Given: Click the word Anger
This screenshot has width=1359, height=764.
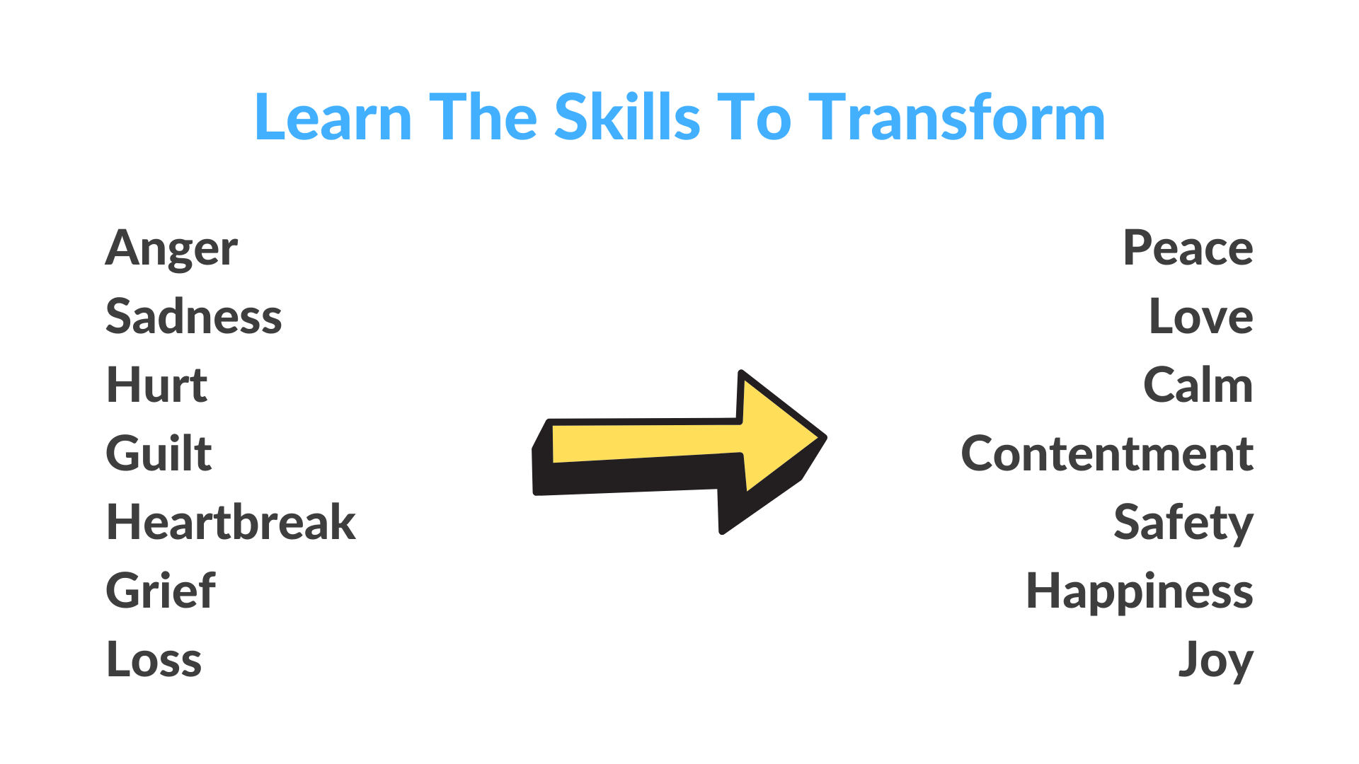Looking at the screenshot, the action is [171, 249].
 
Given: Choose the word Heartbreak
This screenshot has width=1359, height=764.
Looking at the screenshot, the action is [231, 521].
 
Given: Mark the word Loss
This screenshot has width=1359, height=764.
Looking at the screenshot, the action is [154, 659].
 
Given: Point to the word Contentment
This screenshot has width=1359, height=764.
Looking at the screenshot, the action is [1107, 453].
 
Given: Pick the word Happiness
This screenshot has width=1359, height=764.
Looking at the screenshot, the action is [1140, 591].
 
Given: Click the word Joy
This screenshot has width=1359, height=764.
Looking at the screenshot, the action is [1216, 660].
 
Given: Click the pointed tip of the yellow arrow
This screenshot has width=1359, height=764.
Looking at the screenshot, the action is [825, 438].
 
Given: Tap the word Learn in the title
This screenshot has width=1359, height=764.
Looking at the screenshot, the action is [333, 117].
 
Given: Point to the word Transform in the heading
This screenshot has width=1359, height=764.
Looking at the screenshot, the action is [957, 116].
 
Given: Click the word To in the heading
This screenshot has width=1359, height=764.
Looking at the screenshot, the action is [755, 117].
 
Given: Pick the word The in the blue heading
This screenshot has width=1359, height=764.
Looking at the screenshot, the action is [483, 117].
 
